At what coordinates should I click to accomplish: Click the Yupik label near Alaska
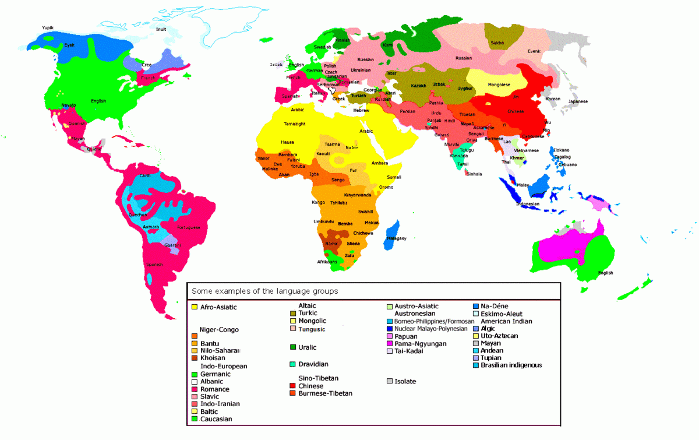tap(47, 27)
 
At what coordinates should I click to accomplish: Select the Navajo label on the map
tap(69, 105)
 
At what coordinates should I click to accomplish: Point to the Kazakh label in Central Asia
tap(419, 86)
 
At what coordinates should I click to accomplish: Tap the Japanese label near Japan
tap(578, 101)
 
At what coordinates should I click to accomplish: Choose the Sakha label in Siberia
tap(497, 43)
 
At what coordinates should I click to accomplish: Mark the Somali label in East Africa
tap(394, 177)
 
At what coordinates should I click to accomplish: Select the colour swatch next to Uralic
tap(293, 347)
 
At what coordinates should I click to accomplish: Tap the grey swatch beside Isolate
tap(389, 381)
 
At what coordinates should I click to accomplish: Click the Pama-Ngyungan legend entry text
tap(421, 344)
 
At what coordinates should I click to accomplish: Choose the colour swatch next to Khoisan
tap(194, 358)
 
